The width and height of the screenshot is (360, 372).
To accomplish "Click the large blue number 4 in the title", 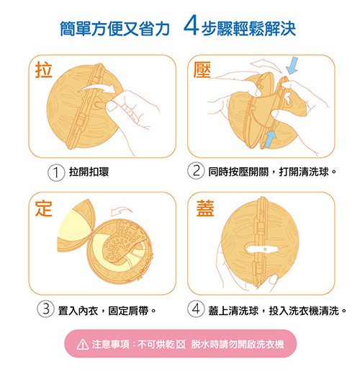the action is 191,25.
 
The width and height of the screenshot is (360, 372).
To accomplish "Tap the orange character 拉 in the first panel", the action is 43,70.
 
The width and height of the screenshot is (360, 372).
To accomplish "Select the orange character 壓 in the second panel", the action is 202,70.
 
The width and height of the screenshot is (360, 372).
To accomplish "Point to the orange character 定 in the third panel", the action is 43,208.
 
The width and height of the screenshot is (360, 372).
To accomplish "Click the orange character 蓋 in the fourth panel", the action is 205,208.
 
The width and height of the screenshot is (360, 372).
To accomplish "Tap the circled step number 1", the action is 56,172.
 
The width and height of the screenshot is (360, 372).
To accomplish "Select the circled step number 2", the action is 196,171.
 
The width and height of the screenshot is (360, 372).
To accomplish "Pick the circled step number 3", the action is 45,309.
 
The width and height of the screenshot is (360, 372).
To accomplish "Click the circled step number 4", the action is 196,309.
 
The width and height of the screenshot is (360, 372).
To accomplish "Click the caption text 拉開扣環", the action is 89,172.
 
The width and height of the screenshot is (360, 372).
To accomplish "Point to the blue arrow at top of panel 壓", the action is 292,66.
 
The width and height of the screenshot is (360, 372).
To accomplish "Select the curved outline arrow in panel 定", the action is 121,211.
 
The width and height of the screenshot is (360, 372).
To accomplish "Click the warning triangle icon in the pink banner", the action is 83,345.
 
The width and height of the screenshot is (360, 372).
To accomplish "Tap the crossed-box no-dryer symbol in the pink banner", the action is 181,345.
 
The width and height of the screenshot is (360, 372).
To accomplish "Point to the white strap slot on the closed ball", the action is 262,249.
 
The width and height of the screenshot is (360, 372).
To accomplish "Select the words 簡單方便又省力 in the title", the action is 114,29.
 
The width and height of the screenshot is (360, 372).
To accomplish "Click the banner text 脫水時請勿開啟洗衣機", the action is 238,345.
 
